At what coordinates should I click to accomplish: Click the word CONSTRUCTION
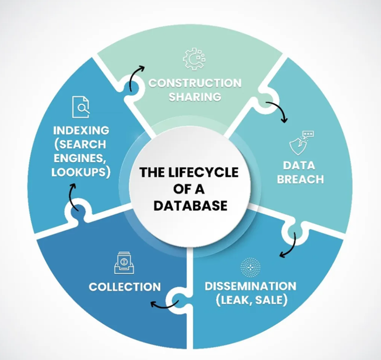tap(195, 83)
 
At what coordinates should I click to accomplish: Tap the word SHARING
tap(195, 97)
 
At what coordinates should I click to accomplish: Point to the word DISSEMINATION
tap(250, 287)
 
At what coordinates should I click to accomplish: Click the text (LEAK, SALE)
tap(250, 301)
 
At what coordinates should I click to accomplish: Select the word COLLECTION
tap(125, 287)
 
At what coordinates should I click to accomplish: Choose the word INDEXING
tap(81, 131)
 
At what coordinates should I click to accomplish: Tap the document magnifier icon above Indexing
tap(81, 107)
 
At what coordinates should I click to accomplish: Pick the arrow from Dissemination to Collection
tap(164, 303)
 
